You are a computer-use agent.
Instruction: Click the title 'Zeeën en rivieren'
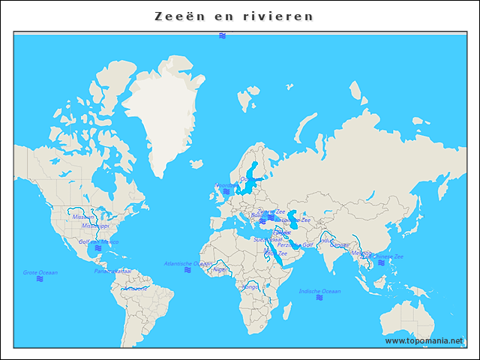[x=234, y=16]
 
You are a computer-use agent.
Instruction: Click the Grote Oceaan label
[x=40, y=272]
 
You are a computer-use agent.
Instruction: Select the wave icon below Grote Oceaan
[x=40, y=279]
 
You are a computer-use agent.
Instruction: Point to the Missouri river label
[x=83, y=217]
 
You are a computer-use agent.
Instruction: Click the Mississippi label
[x=95, y=225]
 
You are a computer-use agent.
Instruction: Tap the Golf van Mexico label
[x=98, y=242]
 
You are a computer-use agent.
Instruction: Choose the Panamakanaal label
[x=112, y=271]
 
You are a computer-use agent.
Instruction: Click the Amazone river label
[x=135, y=288]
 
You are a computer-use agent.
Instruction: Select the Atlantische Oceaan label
[x=187, y=263]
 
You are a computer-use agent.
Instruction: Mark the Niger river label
[x=220, y=268]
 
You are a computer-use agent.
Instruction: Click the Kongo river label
[x=250, y=286]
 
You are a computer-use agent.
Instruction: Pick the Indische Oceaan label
[x=319, y=291]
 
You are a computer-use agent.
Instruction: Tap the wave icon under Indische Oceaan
[x=319, y=298]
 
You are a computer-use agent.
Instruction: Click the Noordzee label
[x=226, y=184]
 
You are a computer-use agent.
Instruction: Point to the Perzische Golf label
[x=295, y=244]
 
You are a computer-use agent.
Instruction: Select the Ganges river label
[x=338, y=244]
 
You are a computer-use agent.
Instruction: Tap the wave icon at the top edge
[x=223, y=36]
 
